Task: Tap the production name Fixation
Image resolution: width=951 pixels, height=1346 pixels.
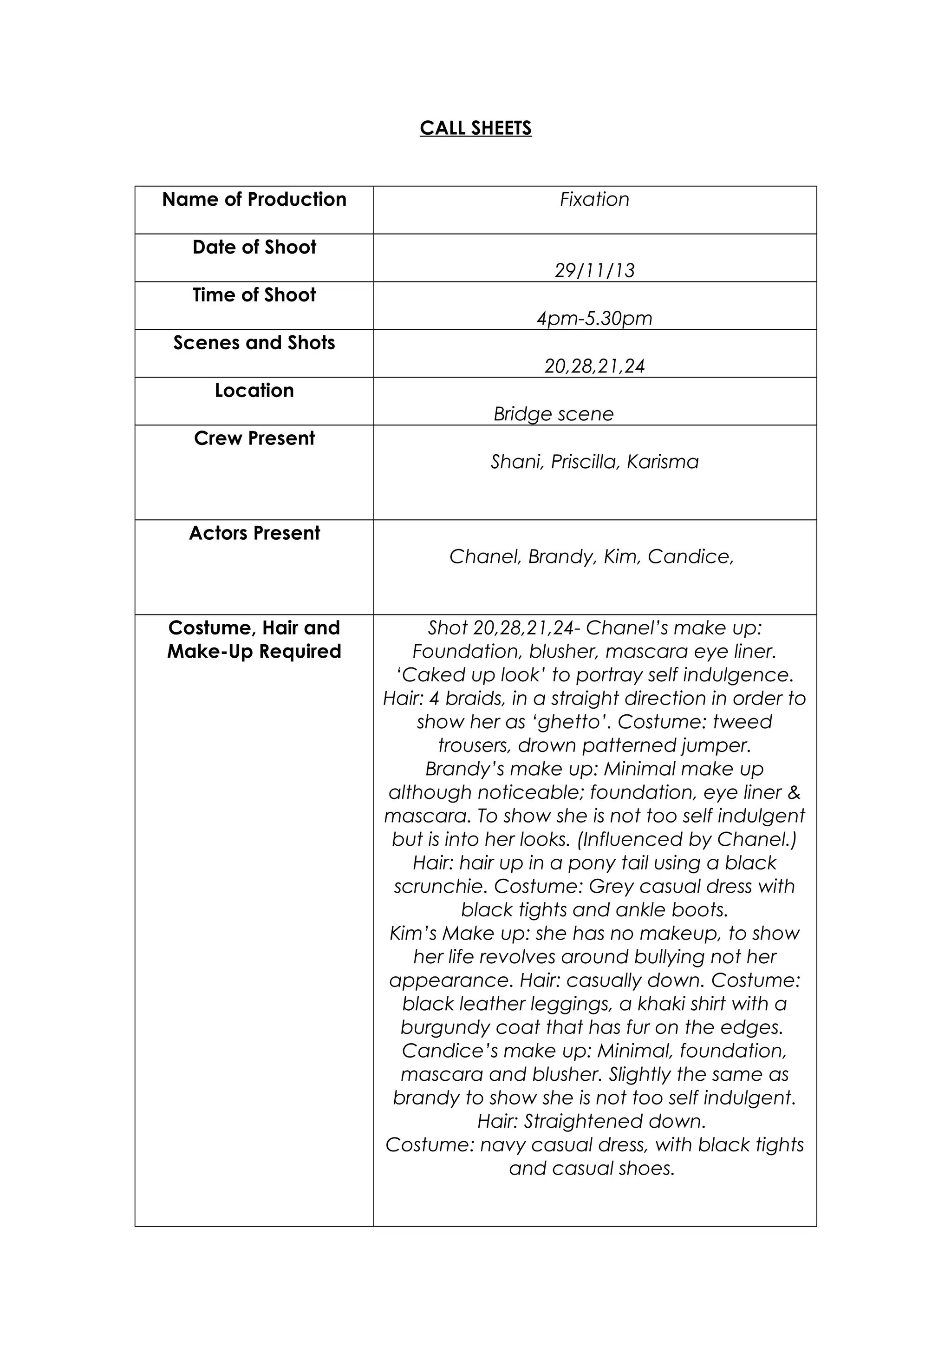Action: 594,199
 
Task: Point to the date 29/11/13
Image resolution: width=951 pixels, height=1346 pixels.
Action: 594,270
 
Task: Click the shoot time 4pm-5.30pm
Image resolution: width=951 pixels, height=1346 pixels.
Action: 594,318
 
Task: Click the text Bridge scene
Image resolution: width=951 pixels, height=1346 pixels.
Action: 553,414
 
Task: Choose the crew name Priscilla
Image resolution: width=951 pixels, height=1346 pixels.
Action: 585,462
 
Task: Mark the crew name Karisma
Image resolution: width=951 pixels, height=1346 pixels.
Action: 662,462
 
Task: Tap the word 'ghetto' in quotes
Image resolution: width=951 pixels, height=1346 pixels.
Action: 573,722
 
